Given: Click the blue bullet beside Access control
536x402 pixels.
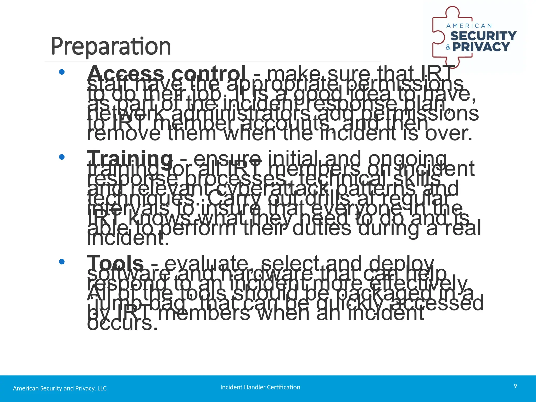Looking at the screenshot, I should point(62,72).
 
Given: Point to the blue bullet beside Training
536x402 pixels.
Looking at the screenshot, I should point(62,157).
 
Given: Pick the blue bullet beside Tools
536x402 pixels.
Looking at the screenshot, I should point(62,262).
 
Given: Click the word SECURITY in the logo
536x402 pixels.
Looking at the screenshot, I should point(483,36).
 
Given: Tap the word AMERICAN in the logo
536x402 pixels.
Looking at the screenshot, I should point(469,26).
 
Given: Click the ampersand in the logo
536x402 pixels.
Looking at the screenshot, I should point(448,47).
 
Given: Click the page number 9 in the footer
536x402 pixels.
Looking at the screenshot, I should point(515,386).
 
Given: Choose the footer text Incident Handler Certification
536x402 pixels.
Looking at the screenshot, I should point(260,387).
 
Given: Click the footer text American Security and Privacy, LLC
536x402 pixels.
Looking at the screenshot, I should point(60,388).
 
